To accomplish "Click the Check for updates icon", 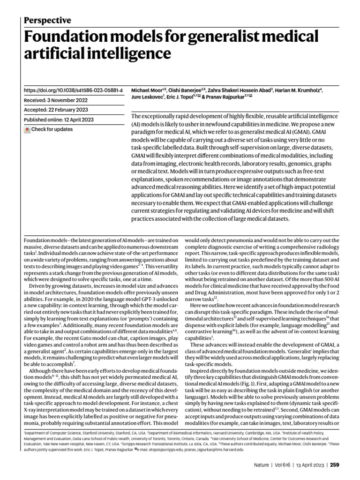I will click(27, 129).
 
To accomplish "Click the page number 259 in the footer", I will click(334, 465).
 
